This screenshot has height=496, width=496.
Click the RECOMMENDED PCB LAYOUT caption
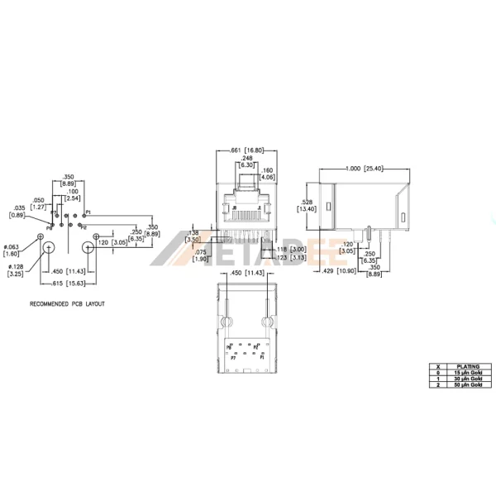pyautogui.click(x=67, y=303)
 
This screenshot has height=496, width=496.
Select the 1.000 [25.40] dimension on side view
pyautogui.click(x=364, y=169)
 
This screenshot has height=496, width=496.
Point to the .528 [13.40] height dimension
pyautogui.click(x=307, y=206)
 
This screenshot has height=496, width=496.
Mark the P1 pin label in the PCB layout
pyautogui.click(x=88, y=212)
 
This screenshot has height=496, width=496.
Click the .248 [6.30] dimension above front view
pyautogui.click(x=247, y=162)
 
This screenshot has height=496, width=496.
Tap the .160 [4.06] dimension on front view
pyautogui.click(x=268, y=174)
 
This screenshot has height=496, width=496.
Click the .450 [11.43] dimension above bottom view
pyautogui.click(x=240, y=272)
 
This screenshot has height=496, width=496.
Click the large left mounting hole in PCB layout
pyautogui.click(x=48, y=248)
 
